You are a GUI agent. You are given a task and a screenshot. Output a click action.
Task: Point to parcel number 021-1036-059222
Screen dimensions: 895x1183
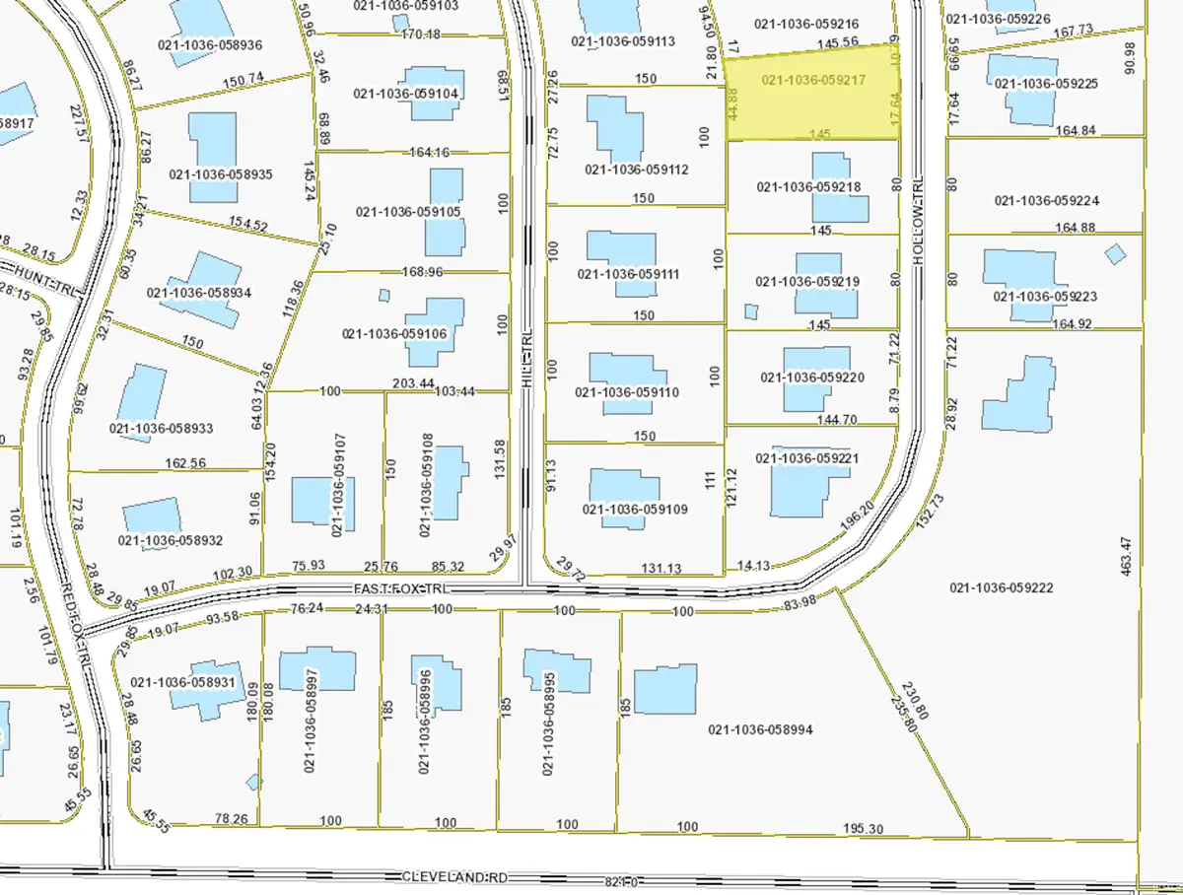point(1003,588)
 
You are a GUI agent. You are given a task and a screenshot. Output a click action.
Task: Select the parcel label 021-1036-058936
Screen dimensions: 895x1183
point(210,44)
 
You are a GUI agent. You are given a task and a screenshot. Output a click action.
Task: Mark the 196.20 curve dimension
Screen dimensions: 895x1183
point(855,518)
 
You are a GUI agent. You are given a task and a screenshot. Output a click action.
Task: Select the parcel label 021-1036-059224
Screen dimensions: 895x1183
point(1046,201)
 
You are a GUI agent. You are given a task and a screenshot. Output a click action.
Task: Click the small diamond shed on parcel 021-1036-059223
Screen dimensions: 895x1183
point(1115,253)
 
